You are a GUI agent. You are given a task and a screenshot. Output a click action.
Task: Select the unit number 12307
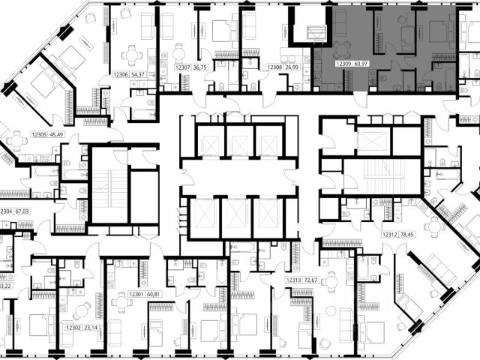(x=182, y=67)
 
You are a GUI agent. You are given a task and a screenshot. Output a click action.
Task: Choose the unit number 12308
(x=274, y=67)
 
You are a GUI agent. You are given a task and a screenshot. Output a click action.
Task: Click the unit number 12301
(x=136, y=294)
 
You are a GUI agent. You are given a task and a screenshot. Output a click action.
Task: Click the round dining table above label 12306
(x=132, y=53)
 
